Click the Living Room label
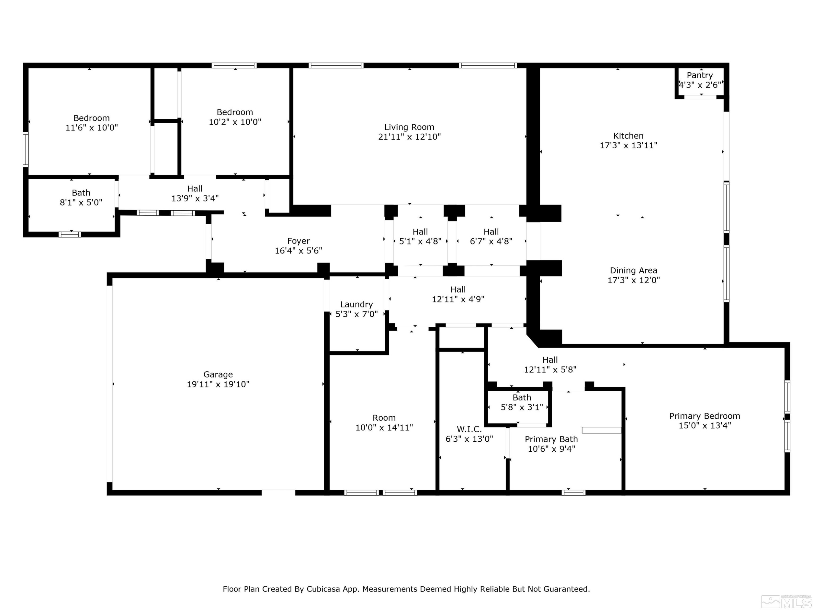click(409, 127)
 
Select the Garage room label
click(218, 374)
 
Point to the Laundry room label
click(356, 304)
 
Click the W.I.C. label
click(469, 429)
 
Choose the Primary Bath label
click(551, 439)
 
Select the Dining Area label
click(633, 271)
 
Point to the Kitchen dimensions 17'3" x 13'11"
click(628, 146)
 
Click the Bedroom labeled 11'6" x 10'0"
click(92, 118)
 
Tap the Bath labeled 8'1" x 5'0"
click(81, 193)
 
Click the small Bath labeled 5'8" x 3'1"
click(522, 397)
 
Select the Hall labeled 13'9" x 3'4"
click(195, 189)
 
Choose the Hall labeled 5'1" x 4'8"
click(420, 232)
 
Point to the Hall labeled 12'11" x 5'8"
click(550, 360)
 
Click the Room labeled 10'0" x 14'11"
click(384, 418)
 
